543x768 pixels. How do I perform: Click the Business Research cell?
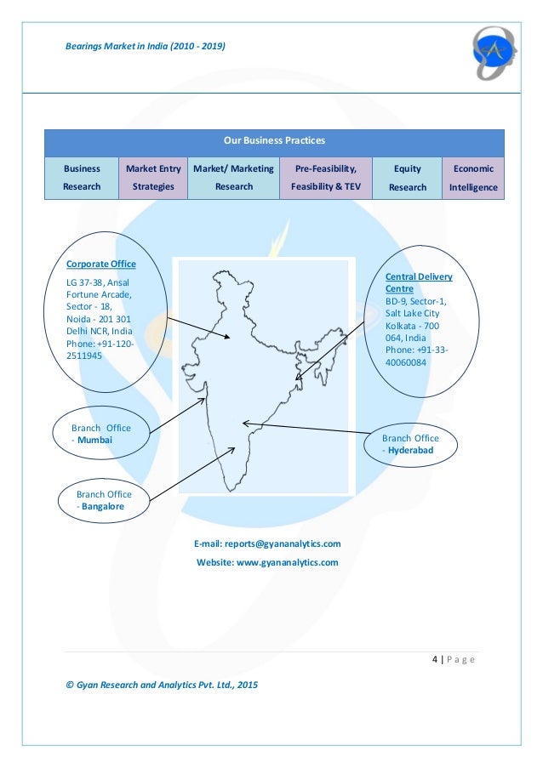click(82, 178)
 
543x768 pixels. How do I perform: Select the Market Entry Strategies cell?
click(153, 178)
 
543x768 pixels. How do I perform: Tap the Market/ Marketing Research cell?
click(233, 178)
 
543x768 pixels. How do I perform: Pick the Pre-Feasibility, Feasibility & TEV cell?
click(325, 178)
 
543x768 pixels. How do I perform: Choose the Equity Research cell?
click(408, 178)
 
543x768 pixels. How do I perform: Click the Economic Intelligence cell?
click(473, 178)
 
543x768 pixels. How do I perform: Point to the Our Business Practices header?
click(274, 140)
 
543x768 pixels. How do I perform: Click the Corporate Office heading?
click(100, 265)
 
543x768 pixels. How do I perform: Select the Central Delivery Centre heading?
click(419, 283)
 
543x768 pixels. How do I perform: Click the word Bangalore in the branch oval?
click(103, 507)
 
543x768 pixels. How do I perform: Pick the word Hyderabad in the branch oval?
click(410, 450)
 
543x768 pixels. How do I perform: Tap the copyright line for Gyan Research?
click(162, 685)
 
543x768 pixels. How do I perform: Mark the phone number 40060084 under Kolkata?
click(406, 361)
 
